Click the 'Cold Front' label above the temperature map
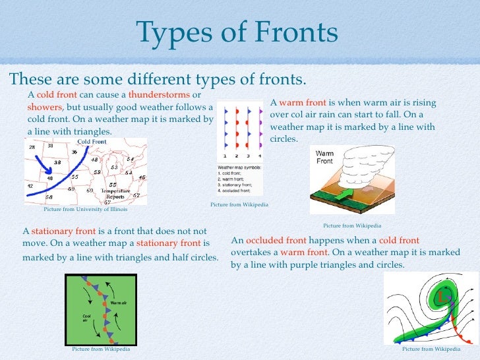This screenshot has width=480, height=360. (x=92, y=142)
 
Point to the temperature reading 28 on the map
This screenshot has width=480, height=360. (x=32, y=147)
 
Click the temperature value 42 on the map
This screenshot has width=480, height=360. (x=30, y=186)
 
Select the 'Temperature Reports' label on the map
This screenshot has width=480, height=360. (x=115, y=193)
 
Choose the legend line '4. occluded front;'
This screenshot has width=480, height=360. (x=237, y=191)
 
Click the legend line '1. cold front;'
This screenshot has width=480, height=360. (x=231, y=173)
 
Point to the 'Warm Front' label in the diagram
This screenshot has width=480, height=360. (x=324, y=157)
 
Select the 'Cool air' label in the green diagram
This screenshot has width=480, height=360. (x=85, y=318)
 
